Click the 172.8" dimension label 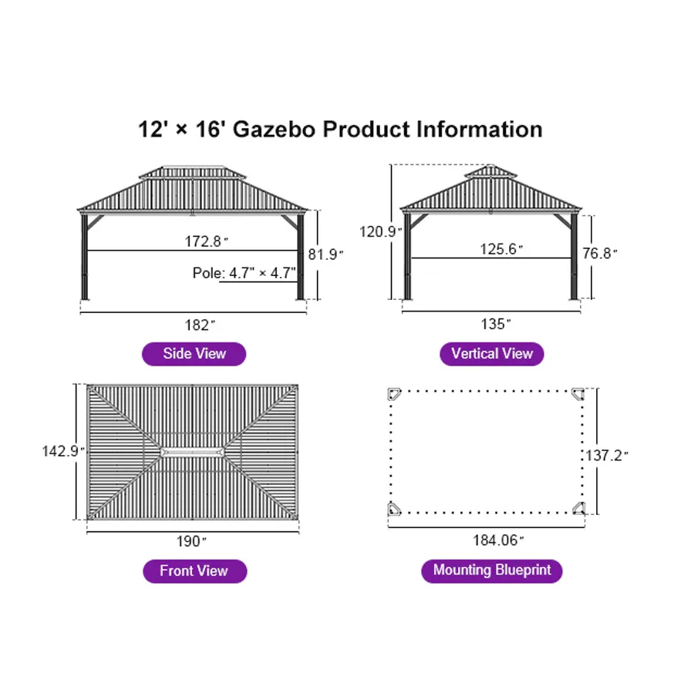(207, 241)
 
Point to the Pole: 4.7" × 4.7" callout (244, 273)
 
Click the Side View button (194, 354)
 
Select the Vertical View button (492, 354)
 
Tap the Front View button (194, 571)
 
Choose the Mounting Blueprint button (492, 571)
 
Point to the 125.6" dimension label (501, 248)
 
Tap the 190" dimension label (193, 541)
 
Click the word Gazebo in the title (274, 129)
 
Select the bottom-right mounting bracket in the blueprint (578, 507)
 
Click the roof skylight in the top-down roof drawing (193, 451)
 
